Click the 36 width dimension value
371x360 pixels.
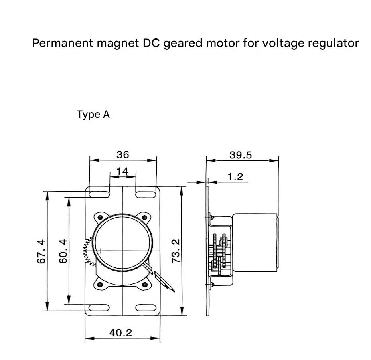123,155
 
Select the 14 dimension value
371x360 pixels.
122,171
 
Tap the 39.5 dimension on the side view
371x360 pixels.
241,155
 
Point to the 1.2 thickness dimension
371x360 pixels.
235,177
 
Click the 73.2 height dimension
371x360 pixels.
176,251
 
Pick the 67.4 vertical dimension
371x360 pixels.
41,251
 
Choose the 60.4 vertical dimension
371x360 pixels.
63,251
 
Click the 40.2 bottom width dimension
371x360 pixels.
120,333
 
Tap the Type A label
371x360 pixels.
93,115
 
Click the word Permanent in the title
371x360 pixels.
63,43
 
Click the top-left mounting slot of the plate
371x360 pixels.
99,194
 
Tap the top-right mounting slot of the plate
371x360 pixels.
146,194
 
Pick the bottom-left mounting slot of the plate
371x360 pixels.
99,308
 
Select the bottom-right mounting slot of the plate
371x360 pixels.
146,308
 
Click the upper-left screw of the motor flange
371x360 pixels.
100,217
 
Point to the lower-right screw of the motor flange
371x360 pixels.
144,284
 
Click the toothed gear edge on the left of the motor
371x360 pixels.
89,251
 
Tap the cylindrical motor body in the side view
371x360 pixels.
255,242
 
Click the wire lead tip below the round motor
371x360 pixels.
174,291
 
